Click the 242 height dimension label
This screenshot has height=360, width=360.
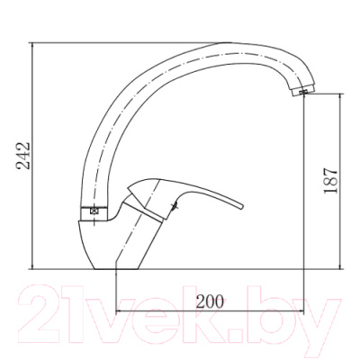pos(23,156)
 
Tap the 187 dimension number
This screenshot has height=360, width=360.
pos(330,181)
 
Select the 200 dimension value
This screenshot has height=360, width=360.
pos(210,301)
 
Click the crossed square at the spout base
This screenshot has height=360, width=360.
pos(94,211)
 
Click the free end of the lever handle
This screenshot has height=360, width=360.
pos(242,207)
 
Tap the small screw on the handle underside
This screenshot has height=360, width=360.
pos(174,206)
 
